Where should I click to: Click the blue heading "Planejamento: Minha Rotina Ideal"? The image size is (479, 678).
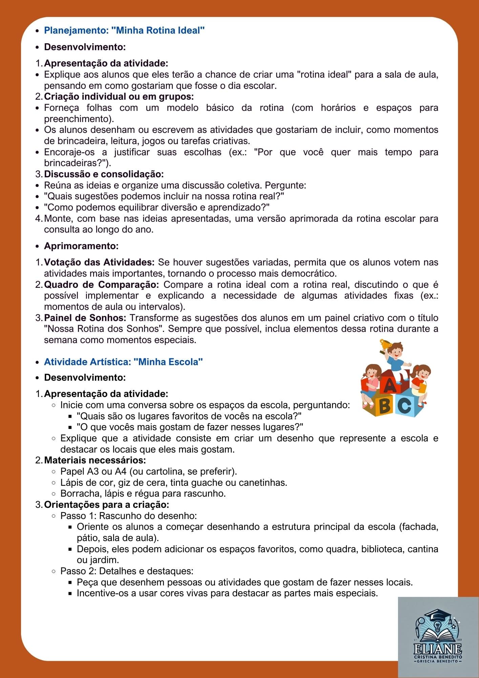pos(124,31)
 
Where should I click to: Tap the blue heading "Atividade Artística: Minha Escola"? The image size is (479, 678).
pos(123,362)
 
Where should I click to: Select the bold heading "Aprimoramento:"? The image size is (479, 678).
pos(81,246)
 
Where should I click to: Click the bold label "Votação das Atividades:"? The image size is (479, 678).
pos(99,262)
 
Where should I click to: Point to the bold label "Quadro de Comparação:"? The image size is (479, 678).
pos(101,284)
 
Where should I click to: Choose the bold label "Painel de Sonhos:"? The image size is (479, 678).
pos(85,318)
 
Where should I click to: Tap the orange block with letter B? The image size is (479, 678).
pos(384,406)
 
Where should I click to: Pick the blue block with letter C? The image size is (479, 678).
pos(405,405)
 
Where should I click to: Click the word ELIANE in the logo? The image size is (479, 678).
pos(438,648)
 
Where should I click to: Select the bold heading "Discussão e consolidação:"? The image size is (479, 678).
pos(104,174)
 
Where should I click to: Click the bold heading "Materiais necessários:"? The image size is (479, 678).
pos(95,460)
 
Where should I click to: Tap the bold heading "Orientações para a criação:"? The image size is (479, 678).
pos(106,505)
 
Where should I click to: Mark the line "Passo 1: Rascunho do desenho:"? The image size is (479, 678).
pos(128,516)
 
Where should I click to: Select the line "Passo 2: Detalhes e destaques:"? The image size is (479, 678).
pos(127,571)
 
